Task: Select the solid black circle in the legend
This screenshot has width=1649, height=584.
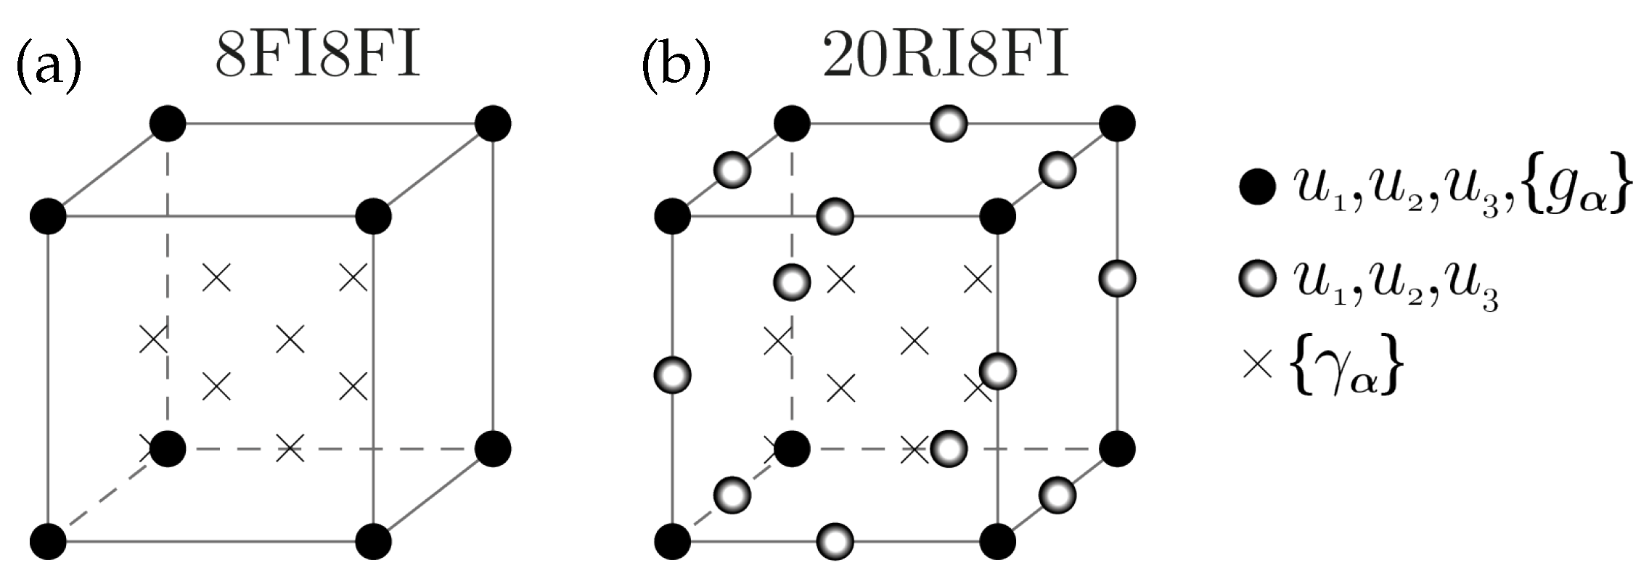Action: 1258,189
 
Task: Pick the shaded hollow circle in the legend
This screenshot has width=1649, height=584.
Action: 1258,279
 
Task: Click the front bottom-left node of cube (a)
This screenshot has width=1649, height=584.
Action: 48,541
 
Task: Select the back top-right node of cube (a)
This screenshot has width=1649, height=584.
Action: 494,124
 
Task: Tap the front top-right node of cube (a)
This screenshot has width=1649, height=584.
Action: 374,216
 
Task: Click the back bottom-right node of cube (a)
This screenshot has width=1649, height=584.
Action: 494,449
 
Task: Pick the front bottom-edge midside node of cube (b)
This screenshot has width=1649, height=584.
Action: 835,541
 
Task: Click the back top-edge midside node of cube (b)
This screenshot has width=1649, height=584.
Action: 949,124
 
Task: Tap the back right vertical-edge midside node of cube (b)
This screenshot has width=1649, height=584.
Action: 1118,279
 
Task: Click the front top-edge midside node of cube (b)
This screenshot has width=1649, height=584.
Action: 835,216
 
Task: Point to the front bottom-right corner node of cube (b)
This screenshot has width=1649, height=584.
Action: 998,541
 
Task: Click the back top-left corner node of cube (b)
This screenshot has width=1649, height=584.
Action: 792,124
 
